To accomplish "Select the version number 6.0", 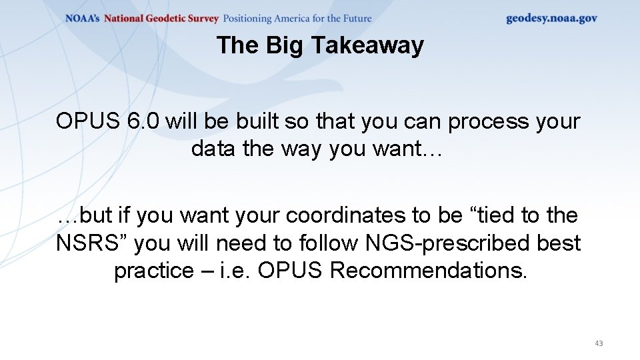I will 142,121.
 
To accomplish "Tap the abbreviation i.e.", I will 233,271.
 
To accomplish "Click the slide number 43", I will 598,343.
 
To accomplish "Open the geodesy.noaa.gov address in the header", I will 551,19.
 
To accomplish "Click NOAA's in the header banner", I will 83,19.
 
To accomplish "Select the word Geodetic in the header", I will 163,19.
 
